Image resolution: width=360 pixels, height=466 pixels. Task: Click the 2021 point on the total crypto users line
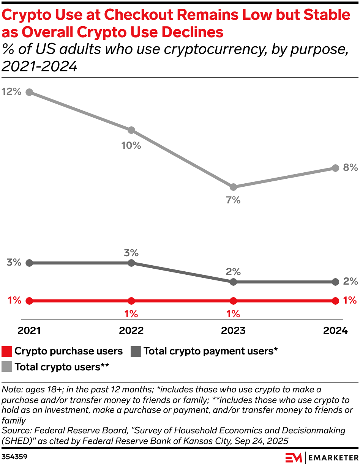[29, 92]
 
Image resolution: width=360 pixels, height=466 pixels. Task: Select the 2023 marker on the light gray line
[233, 187]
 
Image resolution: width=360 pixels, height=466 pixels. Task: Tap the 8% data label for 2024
[350, 167]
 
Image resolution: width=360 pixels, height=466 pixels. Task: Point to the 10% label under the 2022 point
[131, 145]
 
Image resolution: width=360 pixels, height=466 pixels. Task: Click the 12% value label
[11, 91]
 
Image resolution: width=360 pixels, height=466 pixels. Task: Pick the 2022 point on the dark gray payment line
[131, 263]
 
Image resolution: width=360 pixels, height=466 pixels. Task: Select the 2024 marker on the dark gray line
[335, 282]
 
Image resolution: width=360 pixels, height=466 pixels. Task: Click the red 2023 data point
[233, 301]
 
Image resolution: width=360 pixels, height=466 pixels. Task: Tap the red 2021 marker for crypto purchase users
[29, 301]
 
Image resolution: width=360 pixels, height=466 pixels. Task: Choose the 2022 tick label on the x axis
[131, 331]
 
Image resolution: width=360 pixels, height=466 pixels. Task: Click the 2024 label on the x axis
[335, 331]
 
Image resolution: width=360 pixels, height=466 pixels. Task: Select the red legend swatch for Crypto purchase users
[7, 351]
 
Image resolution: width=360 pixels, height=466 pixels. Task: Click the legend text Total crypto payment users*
[210, 351]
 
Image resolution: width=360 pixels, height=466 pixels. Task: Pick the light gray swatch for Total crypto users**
[7, 367]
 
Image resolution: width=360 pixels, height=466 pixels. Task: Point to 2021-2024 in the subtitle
[39, 66]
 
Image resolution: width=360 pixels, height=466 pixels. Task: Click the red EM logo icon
[294, 457]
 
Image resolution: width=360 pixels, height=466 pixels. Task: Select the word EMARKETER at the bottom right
[333, 457]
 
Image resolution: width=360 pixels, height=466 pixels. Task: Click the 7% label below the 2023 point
[233, 200]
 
